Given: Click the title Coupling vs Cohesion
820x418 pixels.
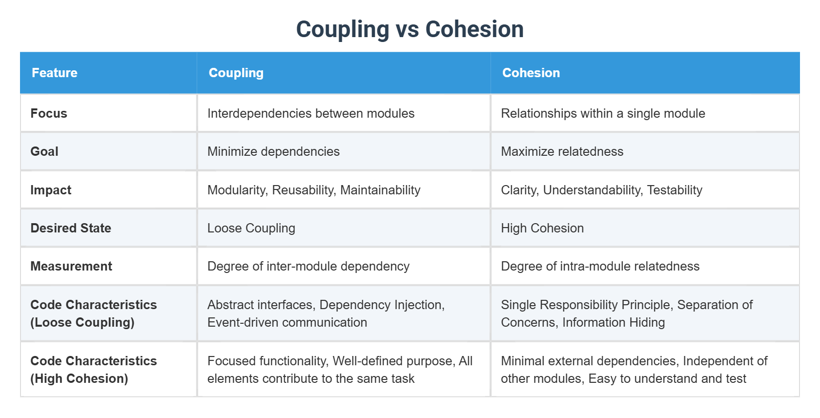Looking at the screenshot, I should [410, 29].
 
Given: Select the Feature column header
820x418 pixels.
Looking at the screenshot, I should [55, 73].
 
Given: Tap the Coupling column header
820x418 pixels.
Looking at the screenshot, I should [236, 73].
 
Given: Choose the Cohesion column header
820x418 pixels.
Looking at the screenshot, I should [531, 73].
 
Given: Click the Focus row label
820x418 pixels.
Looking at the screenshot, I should [49, 113].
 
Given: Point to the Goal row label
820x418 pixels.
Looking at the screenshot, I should [44, 151].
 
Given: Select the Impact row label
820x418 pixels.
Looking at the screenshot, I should [51, 190].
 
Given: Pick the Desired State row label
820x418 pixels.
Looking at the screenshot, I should [71, 228].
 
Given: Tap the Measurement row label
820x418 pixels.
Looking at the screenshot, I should [71, 266].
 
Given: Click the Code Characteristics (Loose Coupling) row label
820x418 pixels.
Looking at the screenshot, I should [93, 313].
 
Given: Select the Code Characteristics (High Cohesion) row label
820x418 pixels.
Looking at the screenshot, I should [93, 370].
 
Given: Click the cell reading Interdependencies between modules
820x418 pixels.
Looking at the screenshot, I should [311, 113].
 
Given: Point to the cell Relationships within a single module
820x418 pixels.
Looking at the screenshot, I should [603, 113].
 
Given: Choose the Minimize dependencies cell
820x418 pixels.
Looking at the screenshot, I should [273, 151].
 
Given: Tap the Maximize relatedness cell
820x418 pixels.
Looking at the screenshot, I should [562, 151].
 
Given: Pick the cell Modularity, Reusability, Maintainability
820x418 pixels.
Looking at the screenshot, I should [314, 190].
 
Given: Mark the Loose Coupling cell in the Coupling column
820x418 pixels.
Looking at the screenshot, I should [251, 228].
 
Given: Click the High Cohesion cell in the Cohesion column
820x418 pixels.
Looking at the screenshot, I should [542, 228].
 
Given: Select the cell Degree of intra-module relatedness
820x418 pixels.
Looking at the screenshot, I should [600, 266].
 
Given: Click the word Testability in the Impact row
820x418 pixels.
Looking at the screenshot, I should [675, 190].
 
